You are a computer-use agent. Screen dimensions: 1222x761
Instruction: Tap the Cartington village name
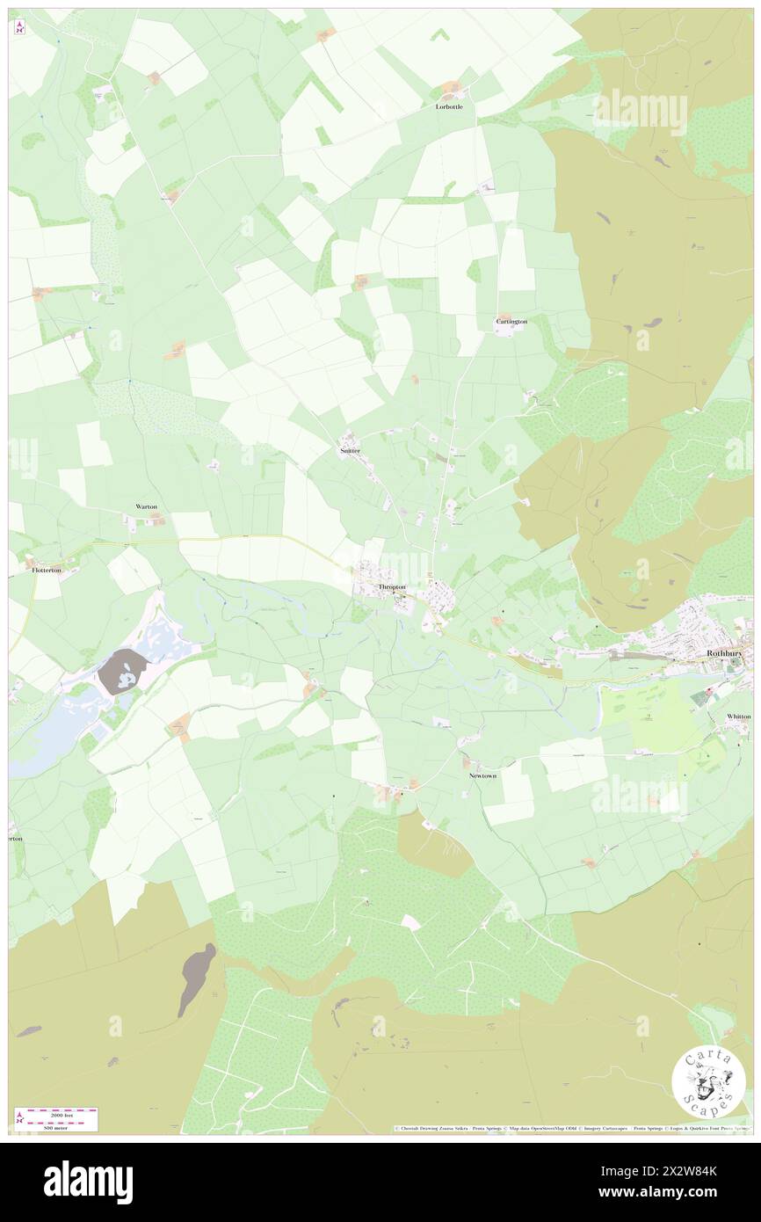coord(511,322)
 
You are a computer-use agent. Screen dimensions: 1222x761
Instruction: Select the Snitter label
coord(350,450)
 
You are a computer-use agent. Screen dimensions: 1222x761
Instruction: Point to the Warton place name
coord(146,507)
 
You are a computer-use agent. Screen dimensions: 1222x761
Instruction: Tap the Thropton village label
coord(391,586)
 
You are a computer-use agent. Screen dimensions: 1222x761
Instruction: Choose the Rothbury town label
coord(725,653)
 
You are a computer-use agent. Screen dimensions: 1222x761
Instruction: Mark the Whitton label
coord(738,716)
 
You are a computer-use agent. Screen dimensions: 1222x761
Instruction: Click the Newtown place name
coord(482,776)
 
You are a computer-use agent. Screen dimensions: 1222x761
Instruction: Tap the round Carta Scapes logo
coord(708,1083)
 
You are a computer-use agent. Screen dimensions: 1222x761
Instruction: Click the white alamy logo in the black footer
coord(88,1182)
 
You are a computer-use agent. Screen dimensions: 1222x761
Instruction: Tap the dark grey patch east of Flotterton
coord(123,673)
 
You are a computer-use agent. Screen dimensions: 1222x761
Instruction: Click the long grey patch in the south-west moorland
coord(196,978)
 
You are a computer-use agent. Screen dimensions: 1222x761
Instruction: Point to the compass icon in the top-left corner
coord(19,27)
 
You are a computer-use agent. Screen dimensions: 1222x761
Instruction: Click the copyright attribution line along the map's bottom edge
coord(571,1128)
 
